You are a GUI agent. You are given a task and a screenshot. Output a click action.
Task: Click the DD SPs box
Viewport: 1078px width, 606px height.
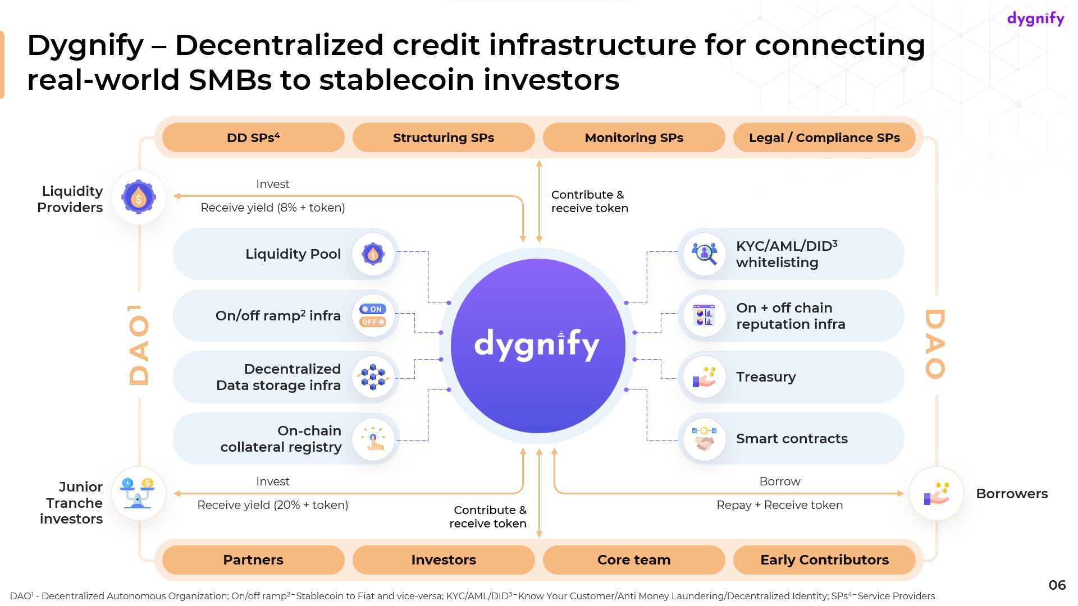(x=253, y=137)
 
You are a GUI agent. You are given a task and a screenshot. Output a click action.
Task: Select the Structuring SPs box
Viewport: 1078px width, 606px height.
(x=444, y=137)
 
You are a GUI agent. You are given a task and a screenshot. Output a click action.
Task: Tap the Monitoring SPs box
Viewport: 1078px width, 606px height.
(x=634, y=137)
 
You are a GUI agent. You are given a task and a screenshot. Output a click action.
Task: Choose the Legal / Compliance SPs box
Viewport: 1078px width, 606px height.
(x=824, y=137)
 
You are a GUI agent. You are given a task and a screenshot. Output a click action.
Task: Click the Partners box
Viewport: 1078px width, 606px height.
(x=253, y=559)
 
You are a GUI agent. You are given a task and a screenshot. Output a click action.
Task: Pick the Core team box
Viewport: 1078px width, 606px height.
(x=634, y=559)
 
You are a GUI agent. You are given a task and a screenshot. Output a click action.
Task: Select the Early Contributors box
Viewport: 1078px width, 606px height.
(x=824, y=559)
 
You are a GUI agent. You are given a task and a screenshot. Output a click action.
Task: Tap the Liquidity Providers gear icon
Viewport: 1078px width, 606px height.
(x=139, y=197)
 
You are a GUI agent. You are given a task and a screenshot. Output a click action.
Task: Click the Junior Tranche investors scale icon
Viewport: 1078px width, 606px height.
(x=138, y=493)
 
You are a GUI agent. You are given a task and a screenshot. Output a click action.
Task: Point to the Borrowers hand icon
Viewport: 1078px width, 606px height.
(x=936, y=493)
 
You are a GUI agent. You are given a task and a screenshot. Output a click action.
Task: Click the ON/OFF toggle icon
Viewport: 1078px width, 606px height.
(x=373, y=315)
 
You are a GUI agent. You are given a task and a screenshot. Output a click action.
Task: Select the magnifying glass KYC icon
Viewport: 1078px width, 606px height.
(x=705, y=254)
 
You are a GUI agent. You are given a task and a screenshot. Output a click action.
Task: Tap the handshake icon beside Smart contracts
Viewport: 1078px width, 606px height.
(x=705, y=438)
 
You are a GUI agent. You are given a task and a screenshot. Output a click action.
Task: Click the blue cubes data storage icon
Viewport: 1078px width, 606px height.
(x=373, y=377)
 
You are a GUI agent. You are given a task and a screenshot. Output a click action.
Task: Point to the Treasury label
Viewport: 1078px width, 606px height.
(x=766, y=377)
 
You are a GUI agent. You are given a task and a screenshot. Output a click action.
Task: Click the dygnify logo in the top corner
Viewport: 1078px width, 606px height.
(x=1035, y=19)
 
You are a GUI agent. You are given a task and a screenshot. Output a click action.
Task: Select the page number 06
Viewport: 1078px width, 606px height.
(x=1057, y=585)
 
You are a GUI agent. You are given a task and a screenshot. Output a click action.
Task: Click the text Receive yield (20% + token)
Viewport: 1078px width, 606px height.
(x=273, y=505)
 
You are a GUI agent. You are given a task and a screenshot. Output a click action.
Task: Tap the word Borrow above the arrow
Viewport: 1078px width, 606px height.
(x=779, y=481)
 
